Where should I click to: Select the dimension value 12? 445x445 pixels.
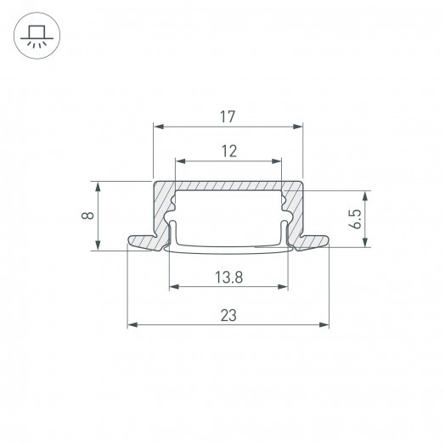point(228,150)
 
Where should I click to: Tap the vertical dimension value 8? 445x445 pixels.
point(87,216)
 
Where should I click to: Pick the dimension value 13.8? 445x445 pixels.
point(227,277)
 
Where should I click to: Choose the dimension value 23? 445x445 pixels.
point(228,315)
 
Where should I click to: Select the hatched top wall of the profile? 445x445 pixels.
point(228,186)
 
